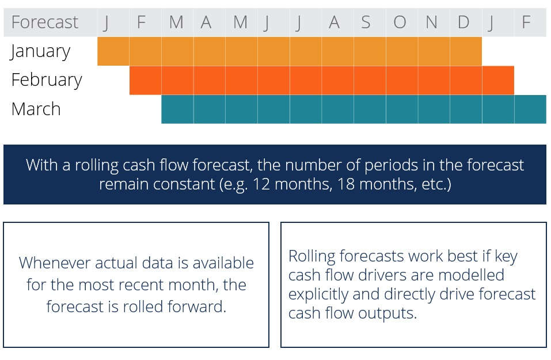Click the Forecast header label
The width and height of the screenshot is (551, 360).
[x=45, y=22]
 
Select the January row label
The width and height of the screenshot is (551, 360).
[x=40, y=52]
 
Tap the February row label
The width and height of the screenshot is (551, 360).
[x=47, y=80]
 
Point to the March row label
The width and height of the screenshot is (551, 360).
[x=36, y=109]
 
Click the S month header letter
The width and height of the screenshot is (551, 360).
[x=366, y=22]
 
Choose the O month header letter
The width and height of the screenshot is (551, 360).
[x=400, y=22]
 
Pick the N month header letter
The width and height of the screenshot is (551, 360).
[x=431, y=22]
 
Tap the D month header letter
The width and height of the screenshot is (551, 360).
[x=463, y=22]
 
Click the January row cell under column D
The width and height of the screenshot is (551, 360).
[x=466, y=51]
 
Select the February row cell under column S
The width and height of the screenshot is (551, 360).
[x=370, y=80]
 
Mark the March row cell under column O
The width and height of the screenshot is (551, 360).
[x=402, y=109]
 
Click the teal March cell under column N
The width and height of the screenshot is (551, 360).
[x=434, y=109]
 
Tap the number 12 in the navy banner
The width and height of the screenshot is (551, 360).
[x=261, y=184]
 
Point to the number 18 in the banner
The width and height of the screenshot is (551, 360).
[x=346, y=184]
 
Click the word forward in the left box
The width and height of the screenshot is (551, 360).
[x=197, y=306]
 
